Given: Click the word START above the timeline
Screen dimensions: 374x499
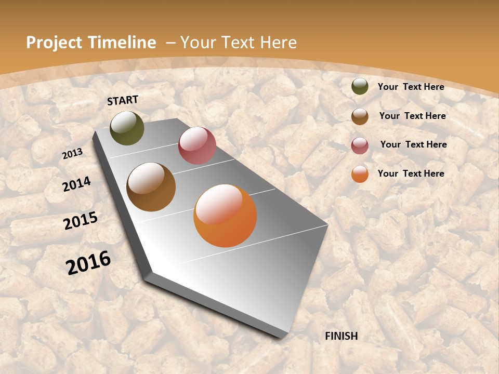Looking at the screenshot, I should coord(123,100).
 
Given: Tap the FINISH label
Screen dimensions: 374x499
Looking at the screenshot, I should coord(342,336).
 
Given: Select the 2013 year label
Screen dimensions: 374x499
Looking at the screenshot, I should coord(72,154).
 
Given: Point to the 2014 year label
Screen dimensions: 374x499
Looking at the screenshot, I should coord(77,184).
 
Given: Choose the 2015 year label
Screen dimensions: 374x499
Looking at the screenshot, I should coord(81,221).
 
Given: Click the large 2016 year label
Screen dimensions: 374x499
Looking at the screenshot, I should coord(88,263).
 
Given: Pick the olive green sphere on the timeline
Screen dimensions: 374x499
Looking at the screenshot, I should coord(127,128).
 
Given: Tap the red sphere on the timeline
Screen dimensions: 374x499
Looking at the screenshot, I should coord(197,145).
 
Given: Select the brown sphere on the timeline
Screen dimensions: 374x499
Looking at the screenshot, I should coord(151,187).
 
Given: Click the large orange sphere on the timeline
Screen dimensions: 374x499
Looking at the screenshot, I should coord(225,216).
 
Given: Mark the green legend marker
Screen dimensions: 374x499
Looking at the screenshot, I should coord(360,87).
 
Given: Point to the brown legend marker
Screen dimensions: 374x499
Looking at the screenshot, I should coord(360,116).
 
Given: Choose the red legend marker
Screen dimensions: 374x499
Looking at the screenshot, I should coord(360,145).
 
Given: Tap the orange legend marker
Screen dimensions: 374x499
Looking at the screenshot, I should coord(360,174).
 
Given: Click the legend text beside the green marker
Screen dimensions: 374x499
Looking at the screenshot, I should coord(411,87).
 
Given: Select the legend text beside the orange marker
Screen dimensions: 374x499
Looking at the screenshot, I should coord(411,173).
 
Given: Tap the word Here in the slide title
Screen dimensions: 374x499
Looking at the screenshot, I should coord(279,43).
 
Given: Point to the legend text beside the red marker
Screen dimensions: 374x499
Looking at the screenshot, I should coord(413,144).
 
